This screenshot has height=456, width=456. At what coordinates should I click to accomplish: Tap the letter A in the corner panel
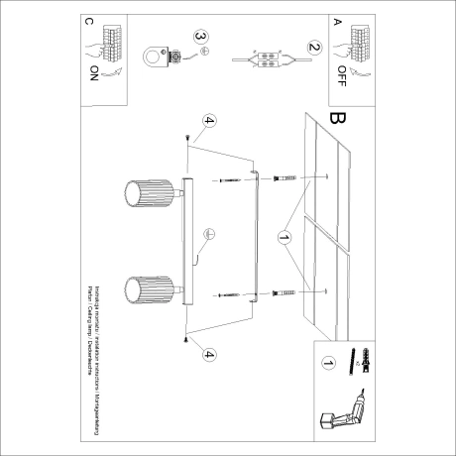click(338, 20)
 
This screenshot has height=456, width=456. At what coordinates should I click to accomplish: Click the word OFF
click(343, 70)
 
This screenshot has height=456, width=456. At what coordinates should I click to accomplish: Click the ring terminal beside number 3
click(152, 56)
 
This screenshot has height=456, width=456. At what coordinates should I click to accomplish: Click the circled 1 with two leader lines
click(284, 238)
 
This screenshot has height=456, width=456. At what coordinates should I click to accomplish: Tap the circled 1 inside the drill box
click(328, 364)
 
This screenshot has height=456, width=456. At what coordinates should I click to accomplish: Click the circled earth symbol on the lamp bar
click(209, 235)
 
